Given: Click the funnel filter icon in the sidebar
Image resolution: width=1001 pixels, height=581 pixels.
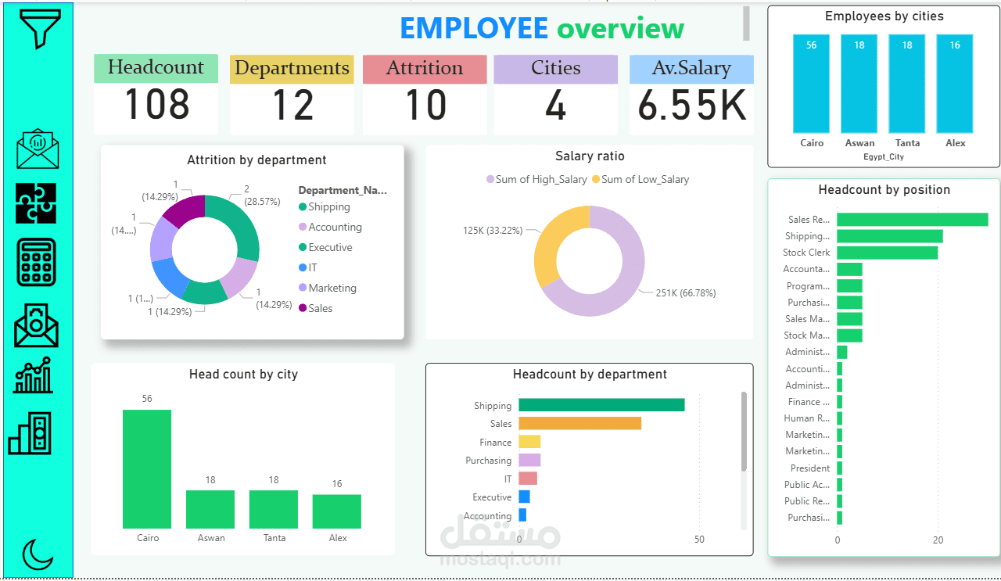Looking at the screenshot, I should pos(38,29).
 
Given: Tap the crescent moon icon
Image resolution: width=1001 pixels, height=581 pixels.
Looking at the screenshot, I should pos(38,554).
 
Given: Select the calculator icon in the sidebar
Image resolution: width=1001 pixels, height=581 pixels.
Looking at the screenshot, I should pos(37,263).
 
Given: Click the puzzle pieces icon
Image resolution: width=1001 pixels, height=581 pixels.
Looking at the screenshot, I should pos(37,203).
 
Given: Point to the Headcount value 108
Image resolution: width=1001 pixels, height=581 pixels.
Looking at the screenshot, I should pos(156,105).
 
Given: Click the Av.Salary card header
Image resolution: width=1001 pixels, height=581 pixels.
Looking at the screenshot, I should pos(691,69).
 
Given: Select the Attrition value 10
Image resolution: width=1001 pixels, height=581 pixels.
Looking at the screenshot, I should pos(425,105).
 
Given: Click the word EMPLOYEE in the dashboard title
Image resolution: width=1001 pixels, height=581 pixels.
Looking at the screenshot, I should pos(474,28).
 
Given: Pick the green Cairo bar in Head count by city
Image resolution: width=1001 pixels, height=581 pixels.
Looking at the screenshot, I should pos(147,468).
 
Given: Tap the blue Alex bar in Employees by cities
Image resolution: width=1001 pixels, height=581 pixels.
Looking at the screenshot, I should pos(955,84).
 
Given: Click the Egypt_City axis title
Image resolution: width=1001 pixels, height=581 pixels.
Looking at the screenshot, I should pos(884,157).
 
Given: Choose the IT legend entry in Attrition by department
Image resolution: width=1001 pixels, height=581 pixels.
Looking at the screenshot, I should pos(313,267).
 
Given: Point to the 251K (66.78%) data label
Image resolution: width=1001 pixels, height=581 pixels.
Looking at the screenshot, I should pos(686,293).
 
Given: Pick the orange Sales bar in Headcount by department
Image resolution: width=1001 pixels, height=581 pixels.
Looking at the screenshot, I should pos(579,423).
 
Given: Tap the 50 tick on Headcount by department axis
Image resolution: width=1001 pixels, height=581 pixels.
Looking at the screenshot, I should pos(699,540).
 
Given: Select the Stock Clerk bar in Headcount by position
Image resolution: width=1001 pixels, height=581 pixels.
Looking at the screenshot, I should pos(887,253).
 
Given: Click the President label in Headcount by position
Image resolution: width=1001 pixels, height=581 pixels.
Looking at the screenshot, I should pos(809,468).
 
